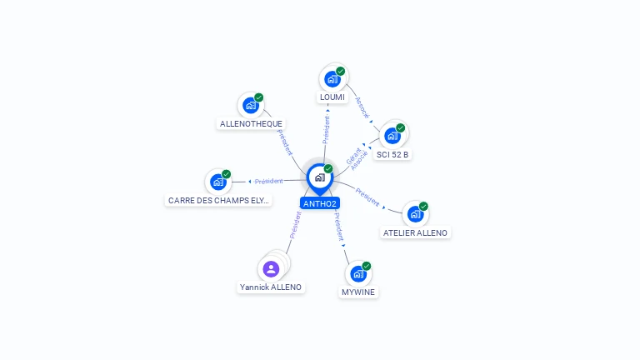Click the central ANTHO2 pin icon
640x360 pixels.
[320, 178]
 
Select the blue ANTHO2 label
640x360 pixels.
[320, 203]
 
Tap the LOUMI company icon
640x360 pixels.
[332, 79]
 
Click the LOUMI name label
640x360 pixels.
[332, 97]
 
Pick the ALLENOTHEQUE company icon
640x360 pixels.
[251, 105]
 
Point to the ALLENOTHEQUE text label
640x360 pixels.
[251, 123]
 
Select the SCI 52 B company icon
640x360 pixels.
[392, 136]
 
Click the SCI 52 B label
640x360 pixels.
[392, 155]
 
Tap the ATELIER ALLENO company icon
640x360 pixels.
[415, 214]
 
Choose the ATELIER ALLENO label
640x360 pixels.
[415, 233]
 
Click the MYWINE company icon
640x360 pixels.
[358, 274]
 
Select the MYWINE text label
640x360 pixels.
[358, 292]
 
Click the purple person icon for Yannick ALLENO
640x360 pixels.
[271, 269]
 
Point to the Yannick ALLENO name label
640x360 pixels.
[271, 287]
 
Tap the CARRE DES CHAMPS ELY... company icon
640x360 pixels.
[218, 182]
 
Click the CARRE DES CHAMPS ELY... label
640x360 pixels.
[218, 200]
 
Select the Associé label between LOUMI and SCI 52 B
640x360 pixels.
[362, 107]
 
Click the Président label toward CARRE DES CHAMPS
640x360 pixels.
[268, 181]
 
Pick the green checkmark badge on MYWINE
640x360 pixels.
[367, 266]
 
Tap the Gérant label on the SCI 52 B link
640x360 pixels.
[353, 157]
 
